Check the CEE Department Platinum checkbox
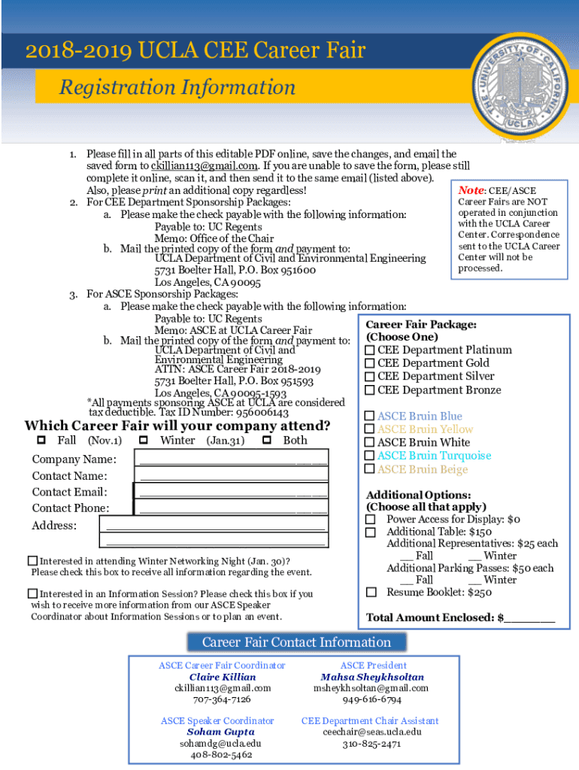(x=370, y=350)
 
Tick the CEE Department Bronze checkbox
(x=370, y=390)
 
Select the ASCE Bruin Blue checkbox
(x=370, y=417)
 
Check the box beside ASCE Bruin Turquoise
(x=370, y=456)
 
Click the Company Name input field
(x=232, y=459)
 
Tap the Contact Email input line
(x=232, y=492)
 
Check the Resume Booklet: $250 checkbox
(x=371, y=593)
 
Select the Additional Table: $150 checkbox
(x=371, y=532)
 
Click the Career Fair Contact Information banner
(x=296, y=642)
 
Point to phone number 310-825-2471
(x=372, y=744)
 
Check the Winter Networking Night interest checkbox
(x=32, y=561)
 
